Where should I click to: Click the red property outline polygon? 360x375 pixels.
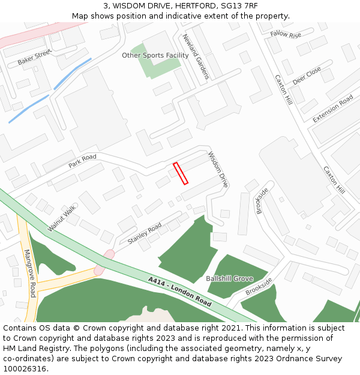point(181,173)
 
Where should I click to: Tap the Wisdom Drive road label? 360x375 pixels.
point(218,170)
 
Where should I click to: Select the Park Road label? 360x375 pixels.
point(82,161)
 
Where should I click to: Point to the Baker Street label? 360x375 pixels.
point(35,58)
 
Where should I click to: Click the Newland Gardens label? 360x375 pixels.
point(196,56)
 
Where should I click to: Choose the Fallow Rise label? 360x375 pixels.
point(286,34)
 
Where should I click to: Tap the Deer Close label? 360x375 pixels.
point(307,76)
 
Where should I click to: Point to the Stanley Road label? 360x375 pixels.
point(145,233)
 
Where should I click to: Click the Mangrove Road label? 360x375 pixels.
point(30,274)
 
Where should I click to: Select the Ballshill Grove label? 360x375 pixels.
point(229,278)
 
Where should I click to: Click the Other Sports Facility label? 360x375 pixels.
point(155,55)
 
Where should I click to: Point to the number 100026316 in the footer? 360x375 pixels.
point(25,368)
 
